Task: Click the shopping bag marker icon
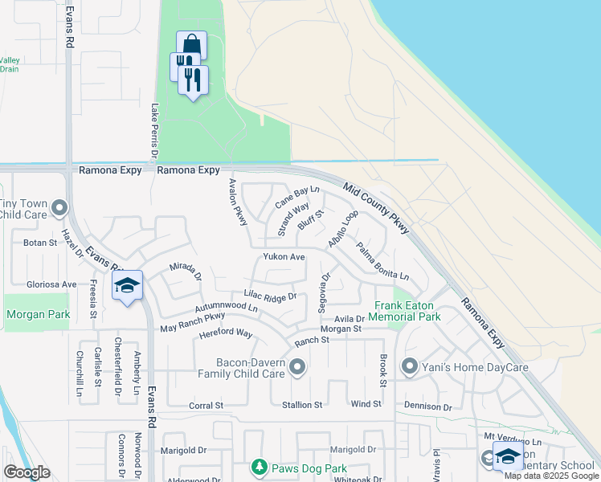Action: (192, 44)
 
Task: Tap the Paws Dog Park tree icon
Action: (259, 467)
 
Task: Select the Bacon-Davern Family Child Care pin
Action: (298, 368)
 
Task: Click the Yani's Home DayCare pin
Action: (410, 367)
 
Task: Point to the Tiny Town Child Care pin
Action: (58, 210)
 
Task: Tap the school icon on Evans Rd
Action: (127, 286)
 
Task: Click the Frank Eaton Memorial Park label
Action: (407, 312)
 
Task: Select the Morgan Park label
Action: (38, 315)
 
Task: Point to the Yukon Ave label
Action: (284, 257)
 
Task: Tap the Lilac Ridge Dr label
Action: (270, 296)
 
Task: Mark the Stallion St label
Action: (301, 405)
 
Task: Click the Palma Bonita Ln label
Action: (382, 262)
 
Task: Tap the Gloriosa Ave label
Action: (51, 284)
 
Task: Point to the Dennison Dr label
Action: (427, 407)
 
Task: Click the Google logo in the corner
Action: (27, 472)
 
